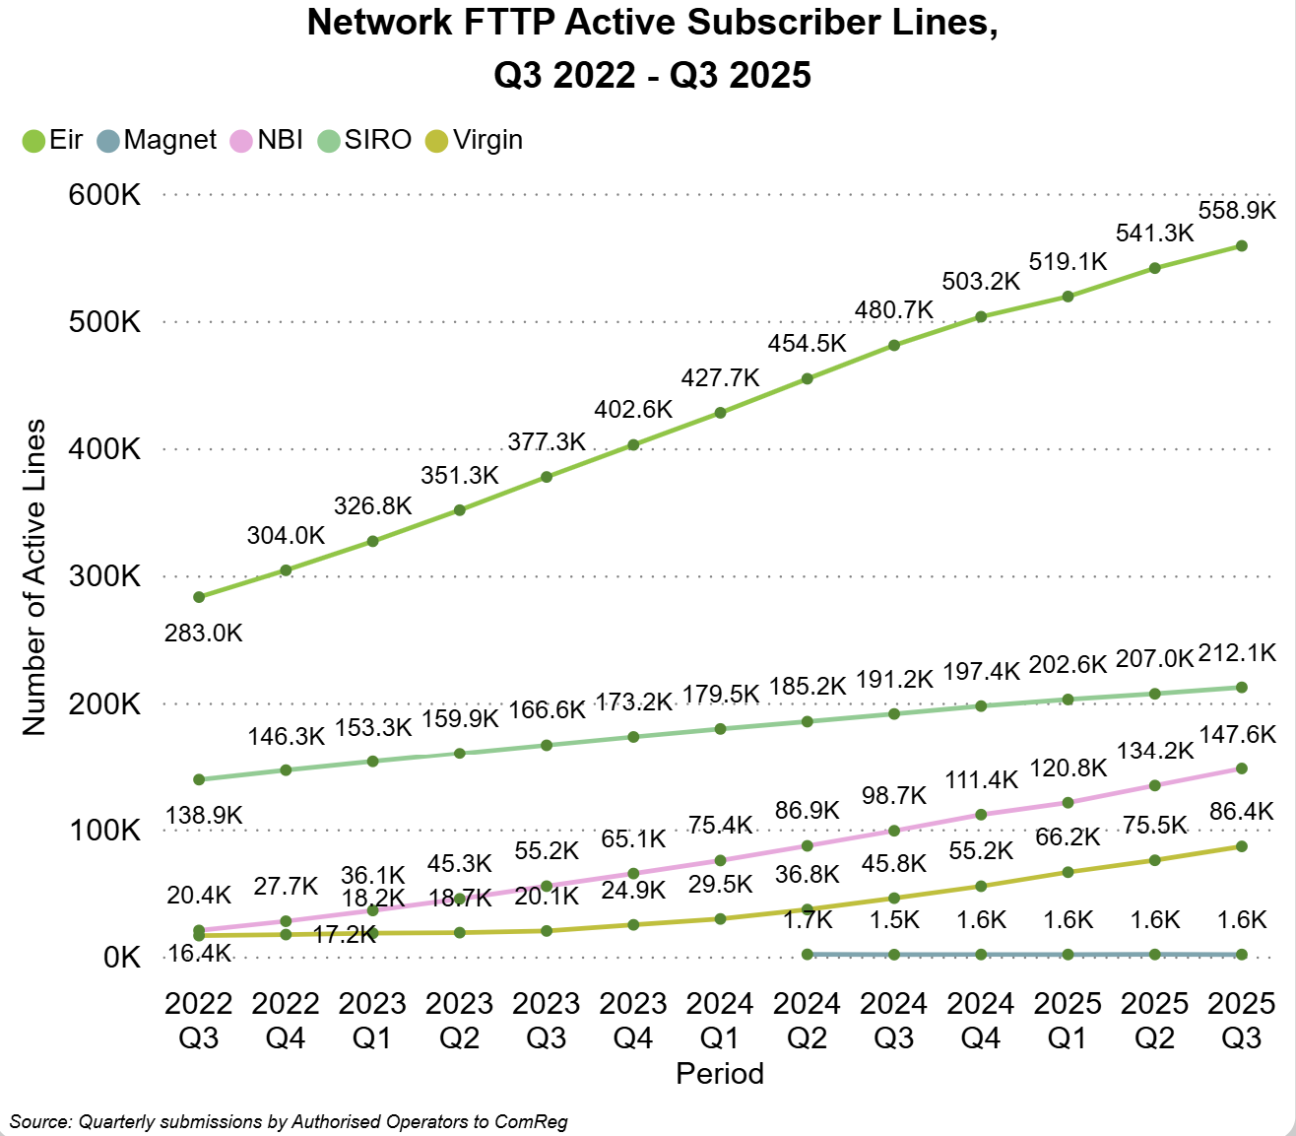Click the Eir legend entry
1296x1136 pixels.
click(x=54, y=140)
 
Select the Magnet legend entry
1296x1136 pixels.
click(x=158, y=140)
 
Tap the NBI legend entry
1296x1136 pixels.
click(x=268, y=140)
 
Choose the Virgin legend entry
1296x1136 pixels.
click(x=475, y=140)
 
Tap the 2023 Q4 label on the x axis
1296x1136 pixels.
click(x=633, y=1020)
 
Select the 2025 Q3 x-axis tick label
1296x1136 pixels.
click(x=1241, y=1020)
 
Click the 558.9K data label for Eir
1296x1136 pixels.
click(x=1237, y=210)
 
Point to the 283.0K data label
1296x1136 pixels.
click(x=203, y=633)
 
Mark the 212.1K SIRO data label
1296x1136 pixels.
click(x=1237, y=652)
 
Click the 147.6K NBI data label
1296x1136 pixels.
click(x=1237, y=734)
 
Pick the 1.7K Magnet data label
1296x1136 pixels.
click(x=808, y=920)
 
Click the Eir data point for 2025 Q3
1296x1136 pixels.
click(x=1242, y=245)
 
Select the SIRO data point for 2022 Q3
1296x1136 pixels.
click(x=199, y=779)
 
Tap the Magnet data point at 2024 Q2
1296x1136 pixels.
click(x=808, y=954)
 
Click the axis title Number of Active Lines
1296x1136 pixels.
click(x=34, y=577)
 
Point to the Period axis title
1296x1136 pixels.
click(x=720, y=1073)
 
